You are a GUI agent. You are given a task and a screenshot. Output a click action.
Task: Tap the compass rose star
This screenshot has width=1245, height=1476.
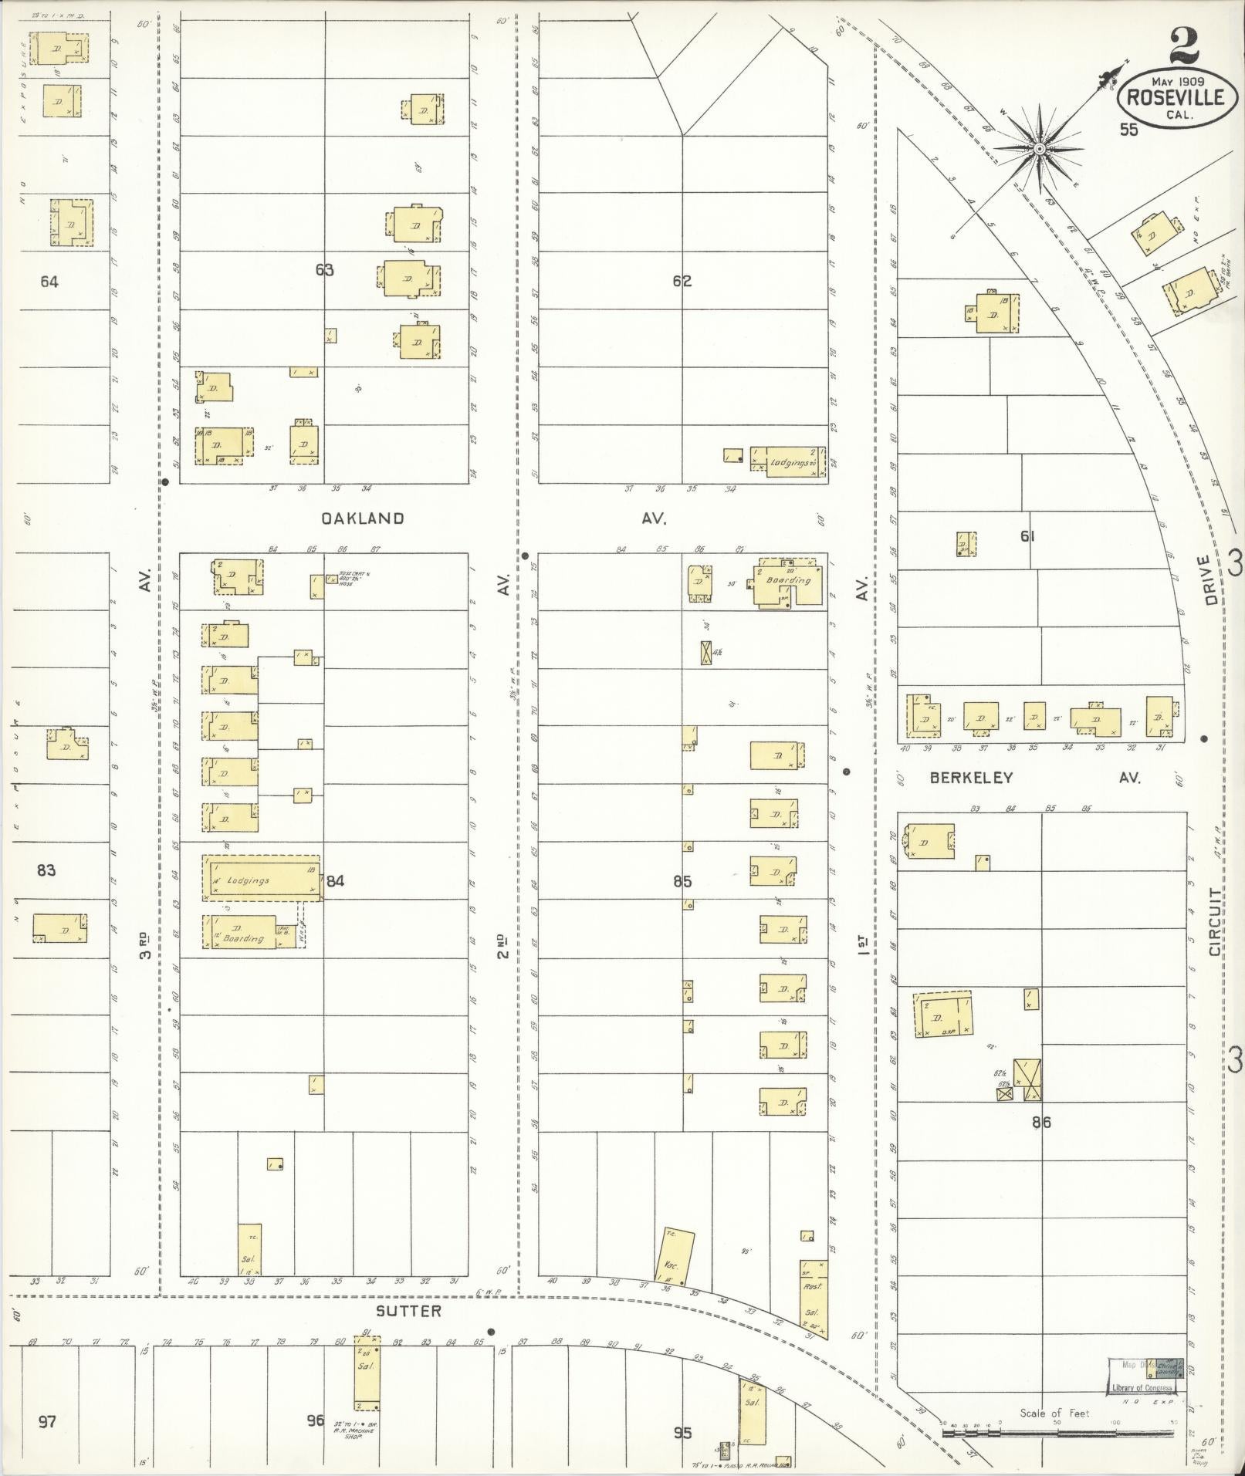[1039, 148]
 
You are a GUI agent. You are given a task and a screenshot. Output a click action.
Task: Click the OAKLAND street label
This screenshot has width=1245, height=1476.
[363, 518]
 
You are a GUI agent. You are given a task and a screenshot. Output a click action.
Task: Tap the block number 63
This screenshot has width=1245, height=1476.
[324, 270]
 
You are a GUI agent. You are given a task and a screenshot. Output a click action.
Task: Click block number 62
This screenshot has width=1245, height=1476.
[682, 282]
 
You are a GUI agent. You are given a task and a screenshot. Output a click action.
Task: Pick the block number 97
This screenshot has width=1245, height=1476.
[47, 1421]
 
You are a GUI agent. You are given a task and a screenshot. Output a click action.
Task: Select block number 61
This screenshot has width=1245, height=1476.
[1027, 536]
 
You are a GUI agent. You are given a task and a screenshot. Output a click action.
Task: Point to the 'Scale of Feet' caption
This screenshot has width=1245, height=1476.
[1054, 1414]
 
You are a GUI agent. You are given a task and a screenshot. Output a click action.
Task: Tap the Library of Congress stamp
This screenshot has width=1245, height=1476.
[1142, 1388]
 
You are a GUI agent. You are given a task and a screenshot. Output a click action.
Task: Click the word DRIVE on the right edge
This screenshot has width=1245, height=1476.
[1209, 580]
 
